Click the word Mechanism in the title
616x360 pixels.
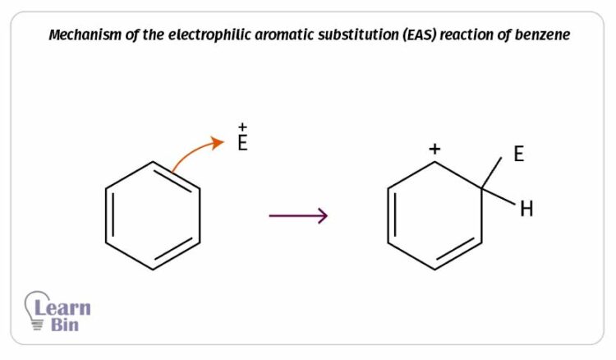[x=85, y=35]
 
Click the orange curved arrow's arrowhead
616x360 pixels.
[x=218, y=143]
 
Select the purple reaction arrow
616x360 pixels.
[x=298, y=216]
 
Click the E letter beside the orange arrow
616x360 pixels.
[x=242, y=143]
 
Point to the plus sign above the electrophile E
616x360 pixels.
[x=242, y=127]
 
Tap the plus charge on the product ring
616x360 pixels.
[x=434, y=149]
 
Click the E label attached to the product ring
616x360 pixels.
[x=518, y=154]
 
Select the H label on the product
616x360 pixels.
[x=526, y=209]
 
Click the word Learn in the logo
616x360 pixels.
[x=63, y=307]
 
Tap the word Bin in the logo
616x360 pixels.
[x=65, y=325]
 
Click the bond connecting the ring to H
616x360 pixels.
[x=499, y=196]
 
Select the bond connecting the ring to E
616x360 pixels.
[x=491, y=173]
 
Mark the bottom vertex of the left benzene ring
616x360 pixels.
[x=153, y=270]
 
